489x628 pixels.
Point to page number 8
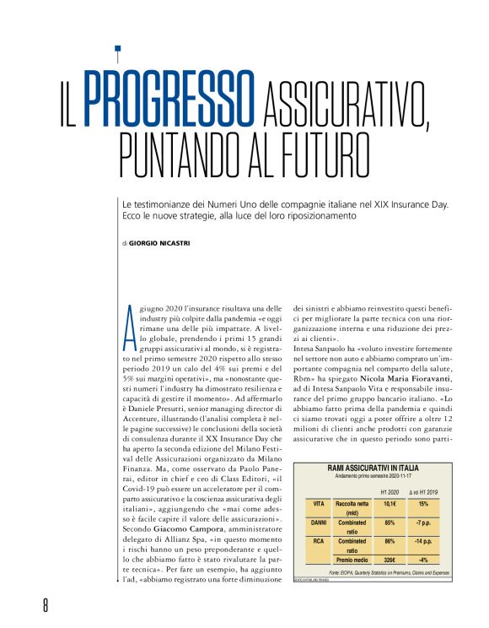tap(47, 605)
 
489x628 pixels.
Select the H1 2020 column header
tap(390, 492)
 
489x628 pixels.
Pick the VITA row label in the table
tap(319, 504)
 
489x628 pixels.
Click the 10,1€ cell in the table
tap(390, 504)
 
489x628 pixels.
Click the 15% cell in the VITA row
tap(424, 504)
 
